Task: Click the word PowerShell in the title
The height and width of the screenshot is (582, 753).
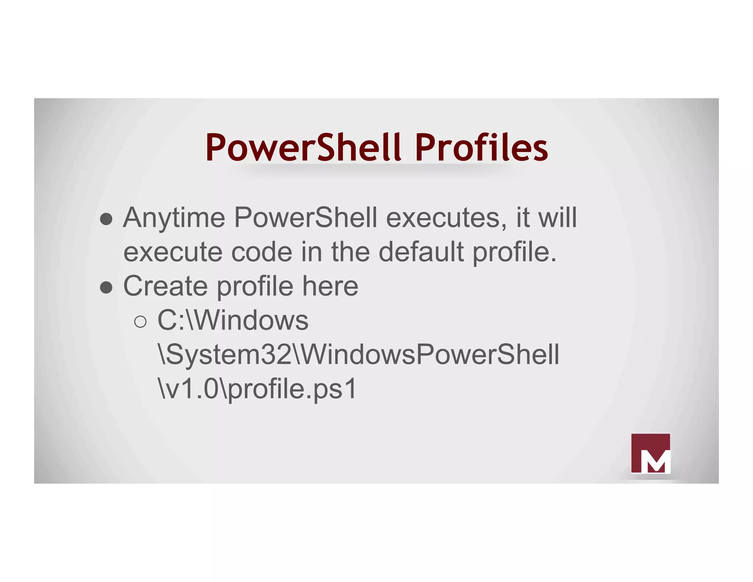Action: click(303, 147)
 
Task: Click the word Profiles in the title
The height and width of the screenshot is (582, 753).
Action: click(481, 147)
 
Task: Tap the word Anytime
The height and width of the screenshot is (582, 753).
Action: click(174, 218)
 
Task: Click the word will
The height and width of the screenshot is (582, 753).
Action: click(557, 218)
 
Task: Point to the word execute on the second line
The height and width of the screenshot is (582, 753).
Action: click(173, 252)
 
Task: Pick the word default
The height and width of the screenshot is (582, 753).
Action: click(421, 252)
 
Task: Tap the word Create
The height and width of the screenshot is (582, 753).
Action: click(165, 286)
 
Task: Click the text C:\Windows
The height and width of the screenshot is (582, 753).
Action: click(233, 320)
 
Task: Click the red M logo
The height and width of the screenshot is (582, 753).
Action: click(650, 453)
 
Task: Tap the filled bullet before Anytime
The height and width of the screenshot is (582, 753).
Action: click(106, 219)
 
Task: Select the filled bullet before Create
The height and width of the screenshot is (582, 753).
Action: click(106, 288)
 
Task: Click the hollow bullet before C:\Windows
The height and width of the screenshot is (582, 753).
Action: click(140, 322)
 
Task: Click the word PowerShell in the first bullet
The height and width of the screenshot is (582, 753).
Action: click(306, 218)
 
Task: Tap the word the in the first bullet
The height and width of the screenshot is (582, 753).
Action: click(350, 252)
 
